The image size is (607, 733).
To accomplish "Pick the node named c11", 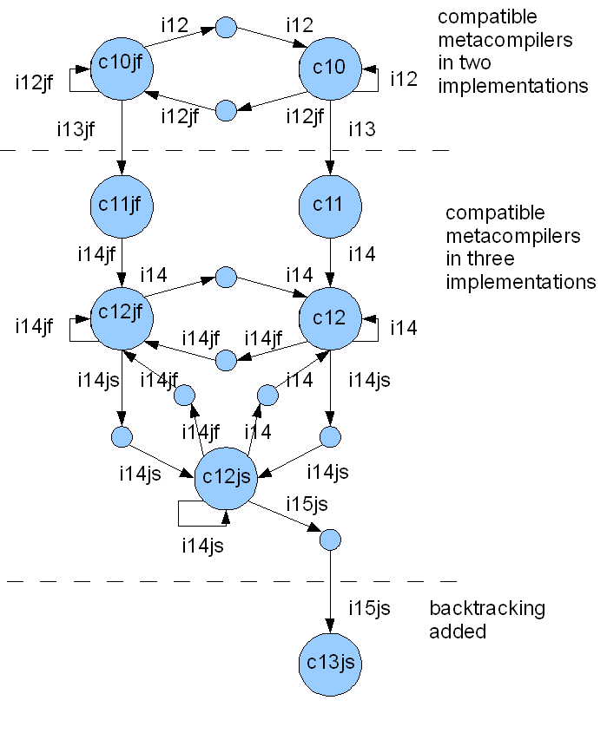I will click(x=330, y=206).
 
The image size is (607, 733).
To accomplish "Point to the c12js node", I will click(x=226, y=476).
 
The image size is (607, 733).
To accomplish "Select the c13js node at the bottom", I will click(x=330, y=664).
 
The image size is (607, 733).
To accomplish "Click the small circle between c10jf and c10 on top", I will click(x=226, y=28).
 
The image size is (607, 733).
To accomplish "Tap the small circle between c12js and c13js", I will click(x=330, y=540).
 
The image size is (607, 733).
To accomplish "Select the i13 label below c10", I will click(x=362, y=130).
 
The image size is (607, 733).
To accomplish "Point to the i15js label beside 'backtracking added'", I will click(x=369, y=608).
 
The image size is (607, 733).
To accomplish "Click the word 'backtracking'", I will click(x=487, y=608).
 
